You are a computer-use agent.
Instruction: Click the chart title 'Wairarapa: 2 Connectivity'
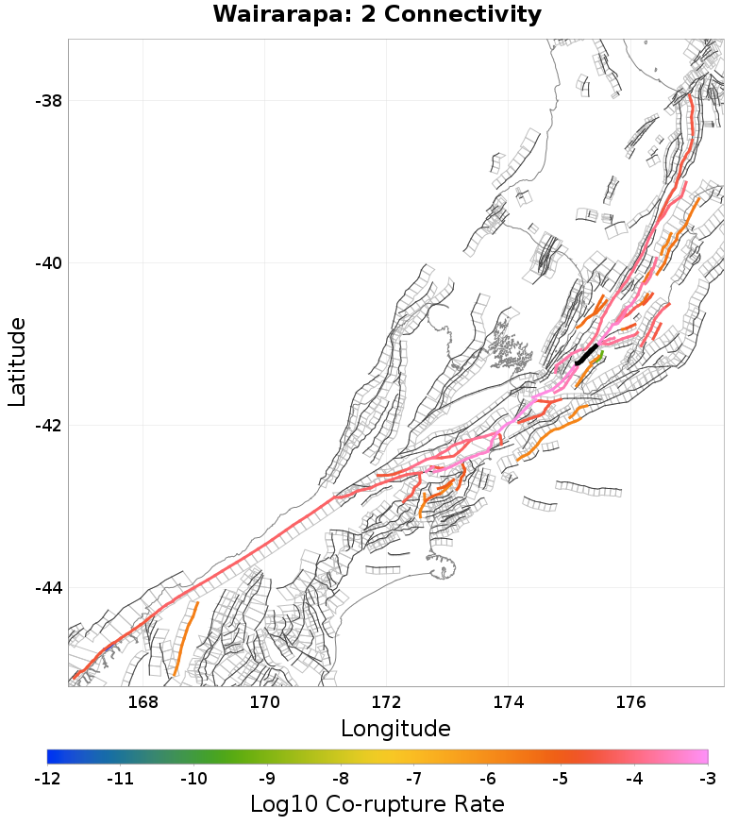point(377,15)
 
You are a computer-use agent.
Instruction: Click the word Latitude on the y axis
point(17,362)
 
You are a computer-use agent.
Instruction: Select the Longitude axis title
point(395,729)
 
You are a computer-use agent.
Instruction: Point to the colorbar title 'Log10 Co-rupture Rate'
point(377,804)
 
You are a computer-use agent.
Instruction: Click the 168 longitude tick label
point(143,702)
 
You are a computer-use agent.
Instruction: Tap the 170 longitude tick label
point(264,702)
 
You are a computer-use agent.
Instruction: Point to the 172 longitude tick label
point(386,702)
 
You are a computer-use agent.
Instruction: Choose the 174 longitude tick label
point(508,702)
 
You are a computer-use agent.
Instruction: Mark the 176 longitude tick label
point(629,702)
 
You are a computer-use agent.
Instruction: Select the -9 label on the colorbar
point(267,779)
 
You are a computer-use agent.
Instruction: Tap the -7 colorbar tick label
point(414,779)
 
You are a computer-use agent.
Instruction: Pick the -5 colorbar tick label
point(561,779)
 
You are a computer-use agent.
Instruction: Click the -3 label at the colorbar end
point(707,779)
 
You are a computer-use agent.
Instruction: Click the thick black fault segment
point(586,356)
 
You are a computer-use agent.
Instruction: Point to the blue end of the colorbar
point(53,756)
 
